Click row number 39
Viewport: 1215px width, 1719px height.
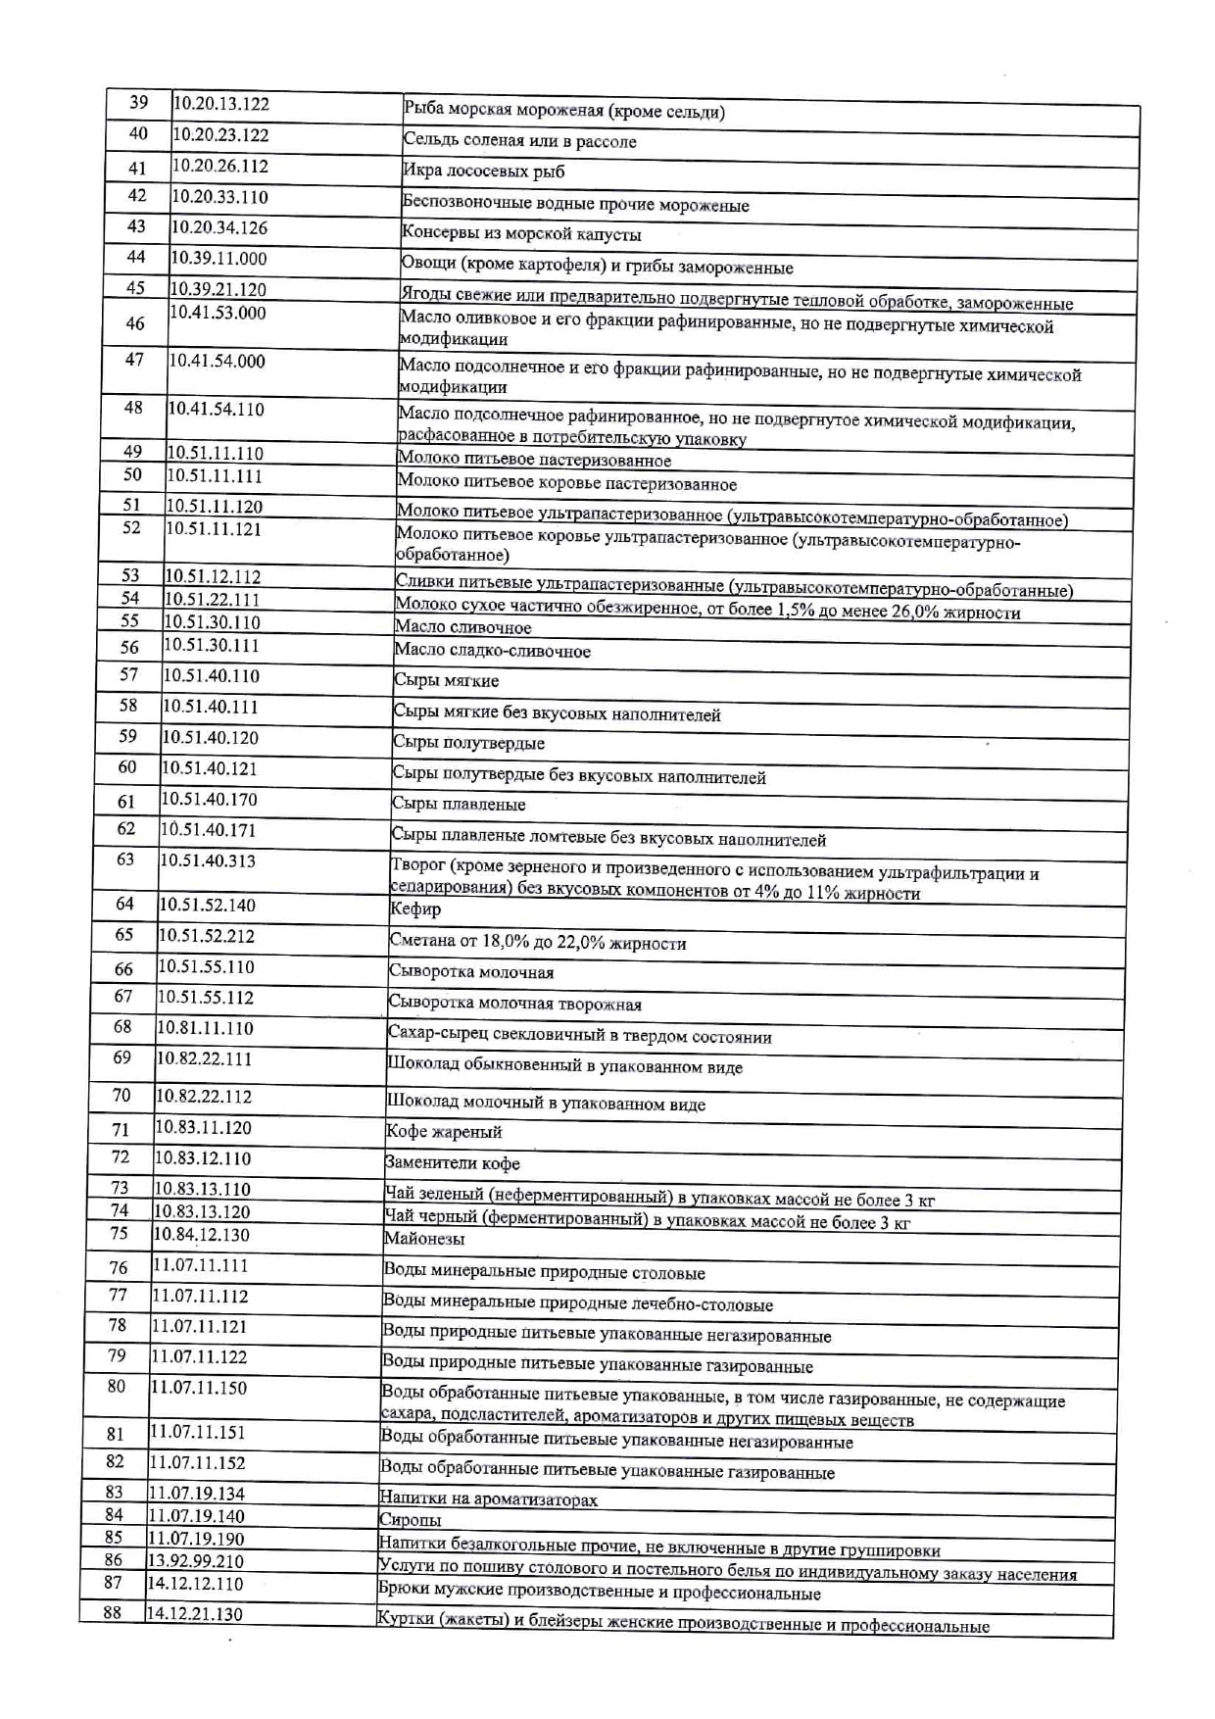(139, 103)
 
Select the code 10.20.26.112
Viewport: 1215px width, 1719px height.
(220, 166)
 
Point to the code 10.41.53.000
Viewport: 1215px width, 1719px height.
(218, 313)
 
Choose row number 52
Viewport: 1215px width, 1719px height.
(132, 528)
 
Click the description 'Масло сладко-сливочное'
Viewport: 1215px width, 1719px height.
(492, 651)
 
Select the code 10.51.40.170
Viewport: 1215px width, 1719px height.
(209, 800)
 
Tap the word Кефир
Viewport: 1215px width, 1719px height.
(415, 909)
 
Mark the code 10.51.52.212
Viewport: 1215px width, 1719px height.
(207, 936)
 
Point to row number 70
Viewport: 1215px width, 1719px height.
(121, 1096)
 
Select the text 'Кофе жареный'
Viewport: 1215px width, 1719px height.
(444, 1132)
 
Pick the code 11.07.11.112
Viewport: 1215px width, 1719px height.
(200, 1296)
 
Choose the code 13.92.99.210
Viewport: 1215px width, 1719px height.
(195, 1560)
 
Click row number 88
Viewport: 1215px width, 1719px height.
(113, 1612)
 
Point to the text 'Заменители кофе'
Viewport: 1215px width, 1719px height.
(452, 1163)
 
